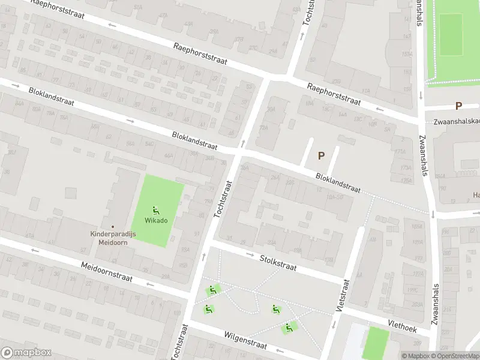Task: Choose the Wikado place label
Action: (157, 220)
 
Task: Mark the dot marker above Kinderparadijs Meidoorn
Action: (113, 227)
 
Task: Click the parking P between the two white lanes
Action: (321, 155)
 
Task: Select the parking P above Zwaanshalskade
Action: (458, 106)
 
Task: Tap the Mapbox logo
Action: (26, 353)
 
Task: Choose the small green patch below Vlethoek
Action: (376, 343)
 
